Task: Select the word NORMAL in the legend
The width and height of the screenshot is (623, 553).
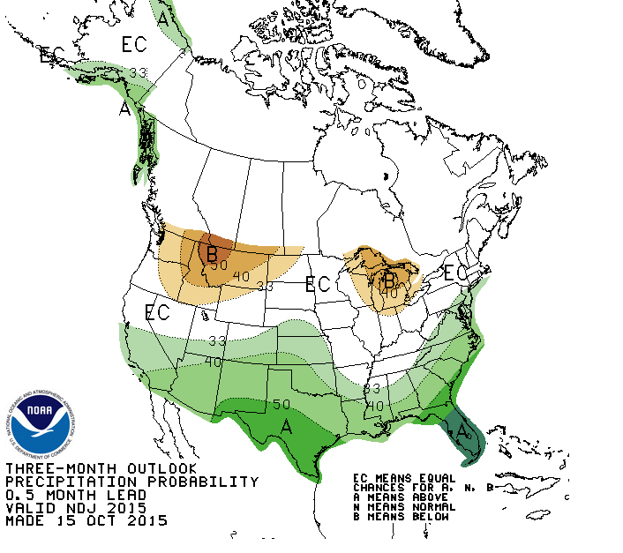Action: coord(434,507)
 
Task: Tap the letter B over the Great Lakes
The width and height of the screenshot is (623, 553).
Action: coord(388,280)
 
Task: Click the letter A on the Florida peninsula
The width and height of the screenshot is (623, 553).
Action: coord(462,430)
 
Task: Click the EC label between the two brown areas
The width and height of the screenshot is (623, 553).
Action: coord(317,284)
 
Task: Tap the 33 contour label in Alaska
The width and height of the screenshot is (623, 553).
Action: coord(138,72)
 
